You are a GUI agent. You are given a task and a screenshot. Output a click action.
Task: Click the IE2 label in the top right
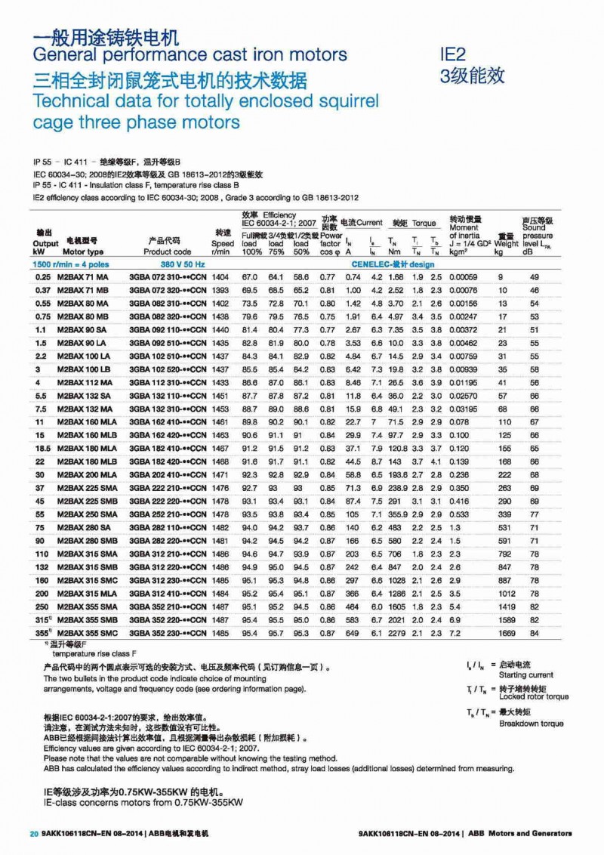(453, 54)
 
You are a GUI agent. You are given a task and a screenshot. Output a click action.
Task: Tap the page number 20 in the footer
(33, 834)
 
